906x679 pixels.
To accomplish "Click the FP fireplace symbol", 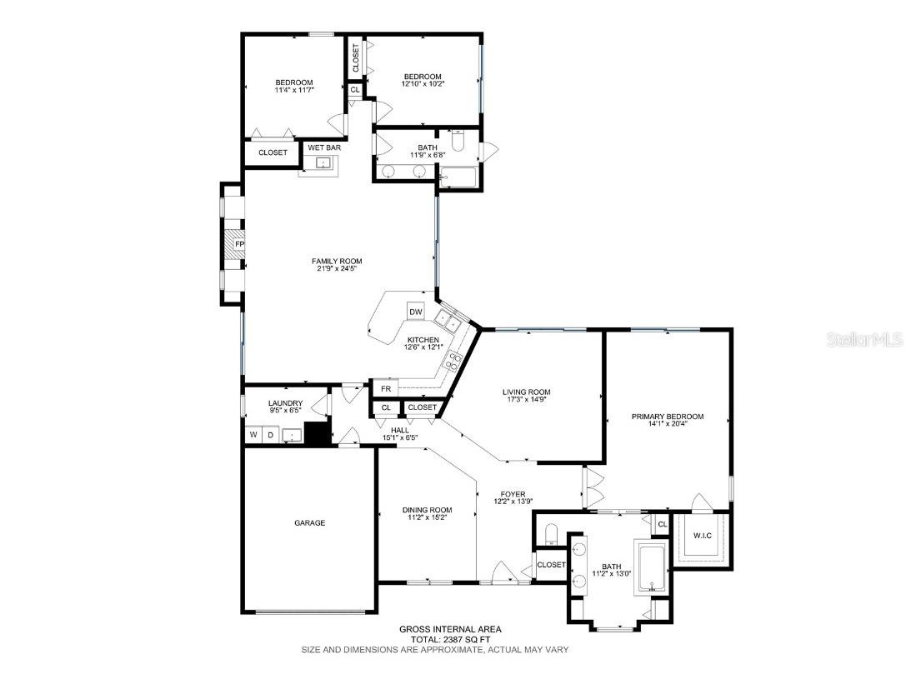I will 238,244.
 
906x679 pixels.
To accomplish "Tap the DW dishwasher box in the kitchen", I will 416,312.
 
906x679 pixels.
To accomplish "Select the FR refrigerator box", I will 385,388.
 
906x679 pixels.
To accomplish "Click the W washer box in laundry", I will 252,435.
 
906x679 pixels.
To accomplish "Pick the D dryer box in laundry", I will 270,435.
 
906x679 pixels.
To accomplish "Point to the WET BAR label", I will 323,147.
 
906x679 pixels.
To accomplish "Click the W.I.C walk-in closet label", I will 702,535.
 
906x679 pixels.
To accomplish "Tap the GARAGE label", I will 309,523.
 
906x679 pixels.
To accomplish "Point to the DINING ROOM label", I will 427,510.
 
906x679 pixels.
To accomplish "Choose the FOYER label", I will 513,493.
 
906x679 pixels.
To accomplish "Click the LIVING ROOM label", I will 526,392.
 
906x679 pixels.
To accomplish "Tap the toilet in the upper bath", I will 457,139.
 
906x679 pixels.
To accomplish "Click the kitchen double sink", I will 448,319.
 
